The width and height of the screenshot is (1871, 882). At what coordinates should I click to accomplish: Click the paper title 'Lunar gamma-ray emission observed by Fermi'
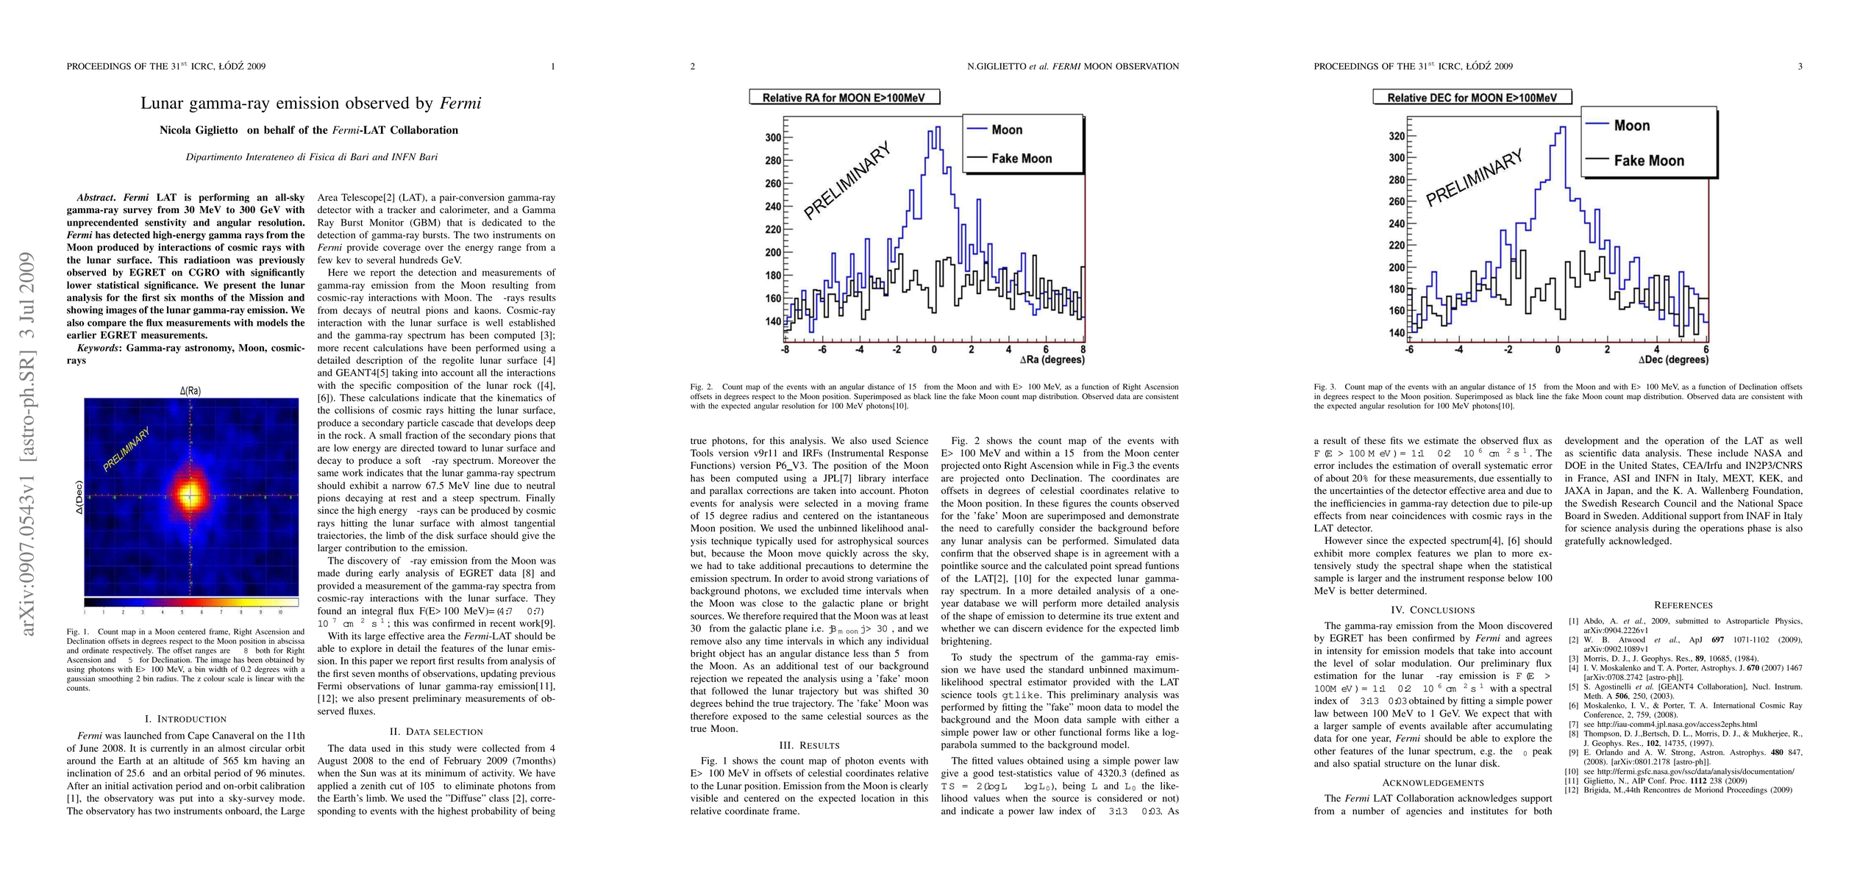(310, 103)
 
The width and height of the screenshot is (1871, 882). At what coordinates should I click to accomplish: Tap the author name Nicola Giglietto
(199, 130)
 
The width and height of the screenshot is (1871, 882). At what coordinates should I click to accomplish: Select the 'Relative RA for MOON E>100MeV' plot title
(844, 97)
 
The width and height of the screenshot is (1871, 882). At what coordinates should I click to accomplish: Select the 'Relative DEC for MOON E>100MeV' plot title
(1472, 97)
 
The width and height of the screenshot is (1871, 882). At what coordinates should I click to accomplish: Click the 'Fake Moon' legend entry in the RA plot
(1021, 158)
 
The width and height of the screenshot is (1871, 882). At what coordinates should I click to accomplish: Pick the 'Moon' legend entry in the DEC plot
(1631, 126)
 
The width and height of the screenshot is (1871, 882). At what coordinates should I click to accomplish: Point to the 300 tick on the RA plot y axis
(772, 137)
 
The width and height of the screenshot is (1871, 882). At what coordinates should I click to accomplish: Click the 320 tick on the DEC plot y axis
(1396, 136)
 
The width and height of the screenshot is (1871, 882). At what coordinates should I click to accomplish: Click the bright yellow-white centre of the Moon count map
(190, 495)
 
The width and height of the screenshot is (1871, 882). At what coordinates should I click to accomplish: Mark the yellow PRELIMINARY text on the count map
(126, 449)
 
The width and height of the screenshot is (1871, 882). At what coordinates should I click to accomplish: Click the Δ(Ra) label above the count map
(190, 391)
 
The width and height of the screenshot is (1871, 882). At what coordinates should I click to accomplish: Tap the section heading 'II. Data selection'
(436, 731)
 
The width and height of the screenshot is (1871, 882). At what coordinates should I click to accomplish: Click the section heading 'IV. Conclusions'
(1433, 610)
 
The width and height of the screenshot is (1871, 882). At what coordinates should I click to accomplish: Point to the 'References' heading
(1683, 605)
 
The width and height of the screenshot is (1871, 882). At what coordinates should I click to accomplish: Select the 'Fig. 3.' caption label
(1326, 387)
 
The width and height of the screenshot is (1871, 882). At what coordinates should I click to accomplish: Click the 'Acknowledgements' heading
(1433, 782)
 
